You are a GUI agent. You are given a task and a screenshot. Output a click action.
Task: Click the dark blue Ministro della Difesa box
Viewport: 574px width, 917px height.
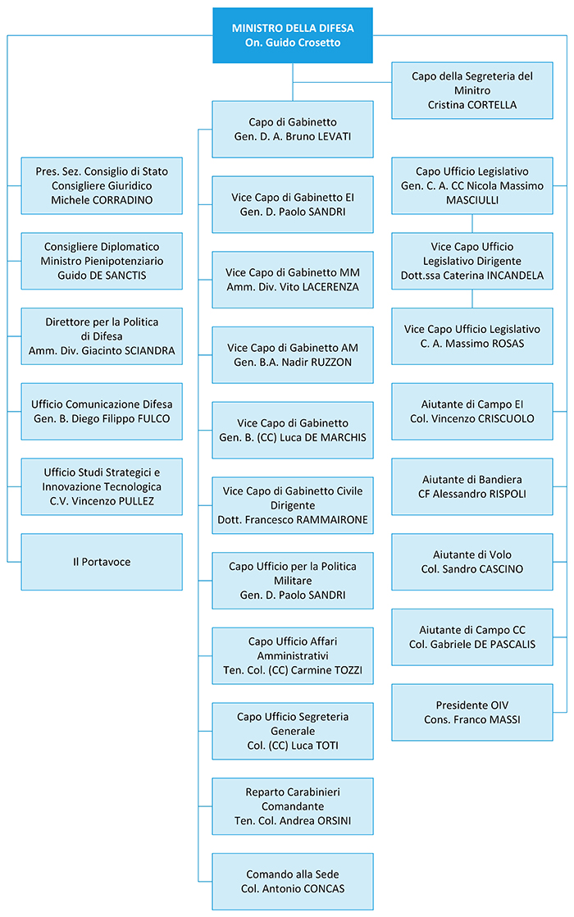click(292, 35)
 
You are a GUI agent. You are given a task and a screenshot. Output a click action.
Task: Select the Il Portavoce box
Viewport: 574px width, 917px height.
click(102, 561)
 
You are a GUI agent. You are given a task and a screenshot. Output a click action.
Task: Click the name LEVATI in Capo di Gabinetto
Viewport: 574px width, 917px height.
click(335, 136)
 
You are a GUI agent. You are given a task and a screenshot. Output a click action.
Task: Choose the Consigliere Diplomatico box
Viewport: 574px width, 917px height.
click(102, 261)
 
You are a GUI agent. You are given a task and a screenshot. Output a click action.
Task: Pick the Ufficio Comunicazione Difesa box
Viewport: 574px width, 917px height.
click(102, 411)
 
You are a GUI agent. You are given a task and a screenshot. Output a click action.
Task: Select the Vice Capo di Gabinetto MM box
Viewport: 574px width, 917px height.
click(292, 280)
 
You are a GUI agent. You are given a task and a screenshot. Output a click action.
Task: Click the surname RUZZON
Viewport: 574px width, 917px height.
click(330, 362)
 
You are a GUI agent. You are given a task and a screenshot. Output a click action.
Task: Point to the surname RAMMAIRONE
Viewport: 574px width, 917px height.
click(333, 520)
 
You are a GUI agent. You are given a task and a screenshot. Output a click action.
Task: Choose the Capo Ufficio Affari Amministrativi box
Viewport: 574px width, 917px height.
click(292, 655)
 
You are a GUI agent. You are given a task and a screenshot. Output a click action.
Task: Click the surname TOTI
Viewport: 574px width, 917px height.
click(326, 746)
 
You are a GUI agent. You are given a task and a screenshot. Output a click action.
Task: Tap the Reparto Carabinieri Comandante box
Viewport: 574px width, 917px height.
click(292, 806)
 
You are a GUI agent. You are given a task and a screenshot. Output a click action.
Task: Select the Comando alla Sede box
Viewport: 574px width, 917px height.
click(292, 882)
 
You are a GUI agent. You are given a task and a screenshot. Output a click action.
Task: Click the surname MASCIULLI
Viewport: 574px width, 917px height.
click(472, 200)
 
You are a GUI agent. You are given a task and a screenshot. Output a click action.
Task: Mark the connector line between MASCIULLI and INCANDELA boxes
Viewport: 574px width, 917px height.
click(472, 223)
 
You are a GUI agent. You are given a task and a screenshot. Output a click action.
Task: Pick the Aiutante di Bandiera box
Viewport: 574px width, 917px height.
click(472, 486)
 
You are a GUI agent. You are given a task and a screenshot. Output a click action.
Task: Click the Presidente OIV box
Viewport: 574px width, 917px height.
click(472, 712)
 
